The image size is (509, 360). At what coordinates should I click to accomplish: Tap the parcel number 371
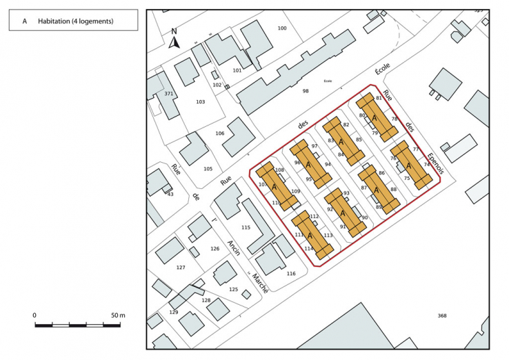168,94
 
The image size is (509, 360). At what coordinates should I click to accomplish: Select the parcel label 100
281,28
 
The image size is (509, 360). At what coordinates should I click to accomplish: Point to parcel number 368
442,316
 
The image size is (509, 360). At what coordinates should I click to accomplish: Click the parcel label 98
306,90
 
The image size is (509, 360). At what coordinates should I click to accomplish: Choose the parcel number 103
200,101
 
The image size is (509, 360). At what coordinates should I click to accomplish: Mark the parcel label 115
245,227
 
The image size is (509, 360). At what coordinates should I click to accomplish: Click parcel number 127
181,267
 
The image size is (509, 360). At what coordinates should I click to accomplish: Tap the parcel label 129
173,313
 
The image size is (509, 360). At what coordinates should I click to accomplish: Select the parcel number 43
170,194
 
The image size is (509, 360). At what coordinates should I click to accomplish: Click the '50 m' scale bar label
118,315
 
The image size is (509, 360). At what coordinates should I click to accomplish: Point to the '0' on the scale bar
34,315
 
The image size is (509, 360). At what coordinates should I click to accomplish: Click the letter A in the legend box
25,21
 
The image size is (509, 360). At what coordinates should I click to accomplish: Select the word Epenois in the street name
437,163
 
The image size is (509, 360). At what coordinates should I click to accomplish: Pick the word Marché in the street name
259,283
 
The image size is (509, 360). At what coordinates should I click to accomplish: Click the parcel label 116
291,274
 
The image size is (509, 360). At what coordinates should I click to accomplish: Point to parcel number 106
220,133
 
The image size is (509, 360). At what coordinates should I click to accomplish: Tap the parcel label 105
208,168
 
